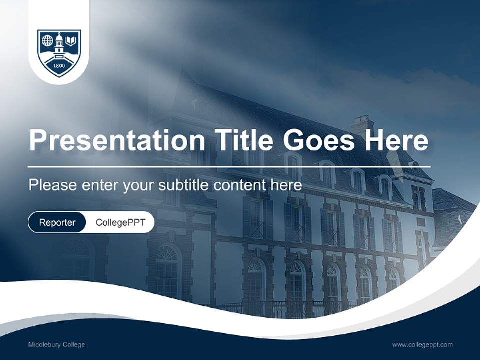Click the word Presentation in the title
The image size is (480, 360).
[x=117, y=140]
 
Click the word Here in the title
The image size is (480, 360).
[x=396, y=140]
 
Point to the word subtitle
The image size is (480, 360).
[x=184, y=185]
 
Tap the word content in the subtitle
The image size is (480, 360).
[x=240, y=185]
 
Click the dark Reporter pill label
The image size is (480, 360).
[x=57, y=222]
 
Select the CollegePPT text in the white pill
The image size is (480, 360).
[x=120, y=222]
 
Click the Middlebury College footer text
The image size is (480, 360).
[x=56, y=345]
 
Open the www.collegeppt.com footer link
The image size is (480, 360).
[x=422, y=345]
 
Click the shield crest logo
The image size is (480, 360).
[x=59, y=52]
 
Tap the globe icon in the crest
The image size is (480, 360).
[x=47, y=40]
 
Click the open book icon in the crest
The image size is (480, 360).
[x=71, y=40]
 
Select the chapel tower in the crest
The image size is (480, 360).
[x=59, y=44]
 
